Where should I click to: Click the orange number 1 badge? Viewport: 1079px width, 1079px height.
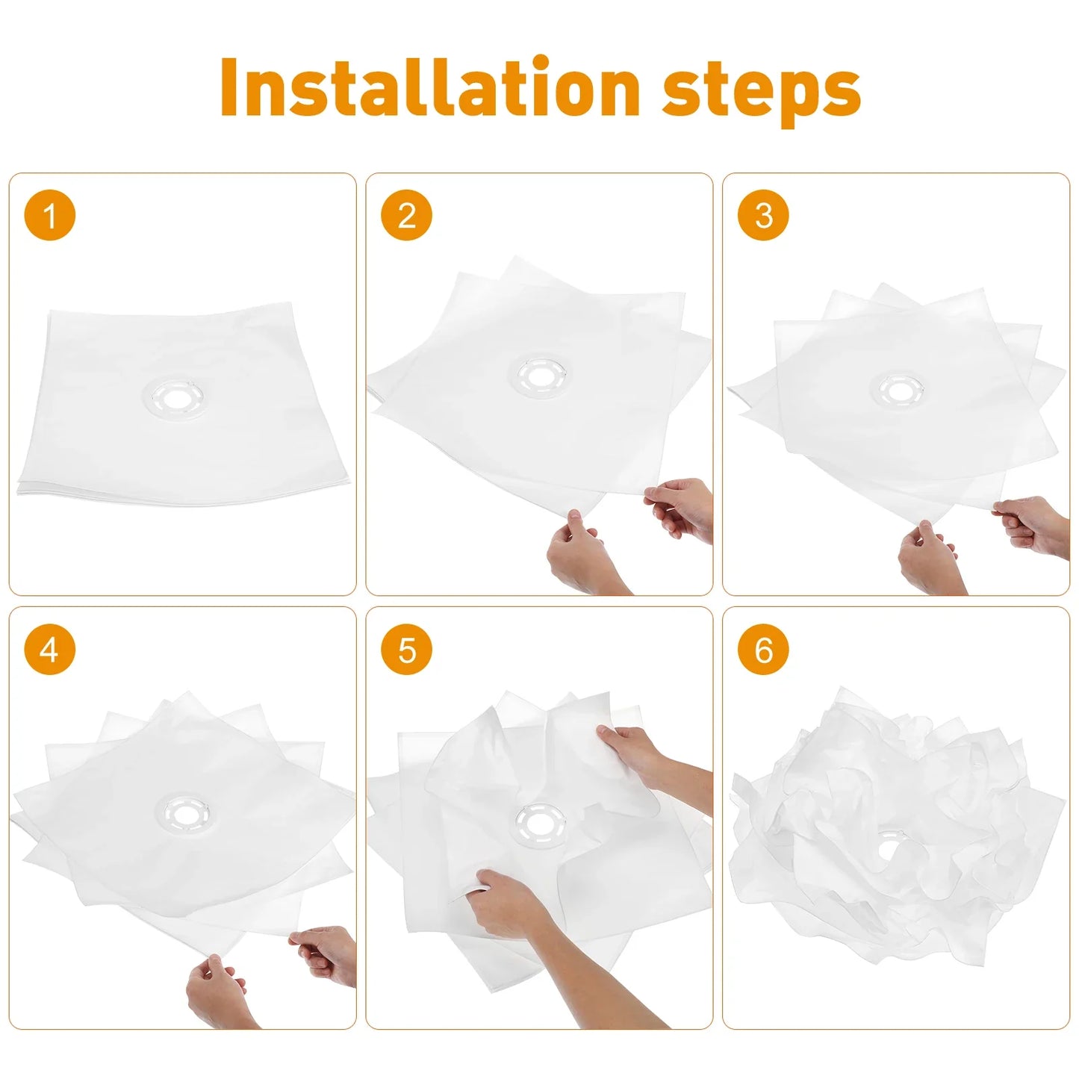(50, 216)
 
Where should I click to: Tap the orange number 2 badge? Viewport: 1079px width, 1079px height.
(407, 216)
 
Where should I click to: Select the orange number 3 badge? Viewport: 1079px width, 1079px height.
(763, 216)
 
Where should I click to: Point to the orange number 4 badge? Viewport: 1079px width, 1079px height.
(50, 649)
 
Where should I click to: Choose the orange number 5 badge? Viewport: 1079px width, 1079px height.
(407, 649)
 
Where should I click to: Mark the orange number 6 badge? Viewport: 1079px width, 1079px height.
(763, 649)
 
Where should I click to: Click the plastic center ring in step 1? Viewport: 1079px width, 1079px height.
(178, 397)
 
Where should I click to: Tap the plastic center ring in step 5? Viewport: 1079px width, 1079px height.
(538, 825)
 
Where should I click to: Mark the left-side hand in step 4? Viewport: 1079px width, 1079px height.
(217, 989)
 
